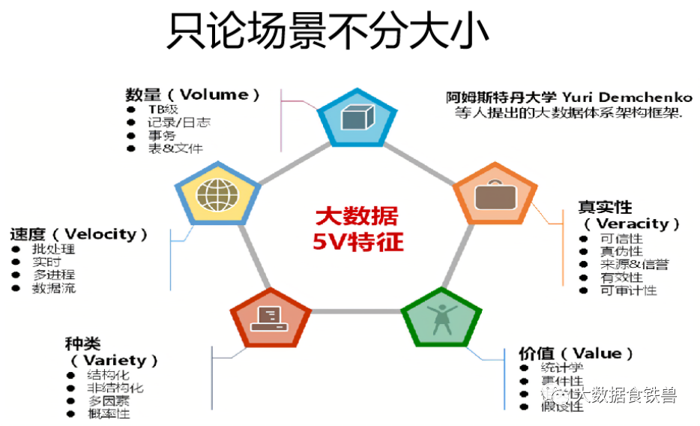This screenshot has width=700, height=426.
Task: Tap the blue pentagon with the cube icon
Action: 356,118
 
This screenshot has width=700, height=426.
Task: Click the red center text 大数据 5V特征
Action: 356,229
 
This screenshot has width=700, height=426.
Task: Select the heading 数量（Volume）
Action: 193,94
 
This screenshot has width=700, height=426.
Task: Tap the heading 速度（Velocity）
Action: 79,234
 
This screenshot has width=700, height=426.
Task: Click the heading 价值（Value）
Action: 576,353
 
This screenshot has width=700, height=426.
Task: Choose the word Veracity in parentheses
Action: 631,223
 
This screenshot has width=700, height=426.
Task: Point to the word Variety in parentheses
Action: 119,360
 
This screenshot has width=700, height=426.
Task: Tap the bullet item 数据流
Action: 53,288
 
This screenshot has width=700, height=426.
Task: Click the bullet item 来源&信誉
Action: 634,265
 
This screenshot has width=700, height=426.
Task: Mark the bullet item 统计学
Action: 561,367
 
